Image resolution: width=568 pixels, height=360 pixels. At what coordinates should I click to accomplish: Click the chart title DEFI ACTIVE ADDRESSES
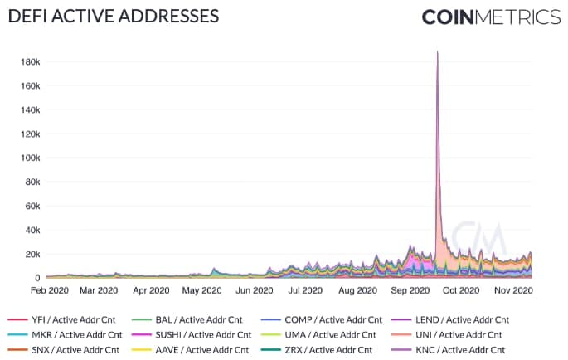coord(114,16)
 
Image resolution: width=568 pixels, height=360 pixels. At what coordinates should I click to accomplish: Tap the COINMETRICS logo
coord(491,17)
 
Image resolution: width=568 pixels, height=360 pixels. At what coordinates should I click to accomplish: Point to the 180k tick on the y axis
coord(31,61)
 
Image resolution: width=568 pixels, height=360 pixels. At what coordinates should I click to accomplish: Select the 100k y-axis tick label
coord(31,158)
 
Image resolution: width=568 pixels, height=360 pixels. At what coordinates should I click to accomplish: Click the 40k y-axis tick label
coord(33,230)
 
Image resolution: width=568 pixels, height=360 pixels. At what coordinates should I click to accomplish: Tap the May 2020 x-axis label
coord(201,291)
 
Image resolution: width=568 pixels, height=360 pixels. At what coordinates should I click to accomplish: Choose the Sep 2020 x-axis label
coord(409,291)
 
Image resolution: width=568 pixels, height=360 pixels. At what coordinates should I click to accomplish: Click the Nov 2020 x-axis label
coord(512,291)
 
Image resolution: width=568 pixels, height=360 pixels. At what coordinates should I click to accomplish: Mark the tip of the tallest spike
coord(437,51)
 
